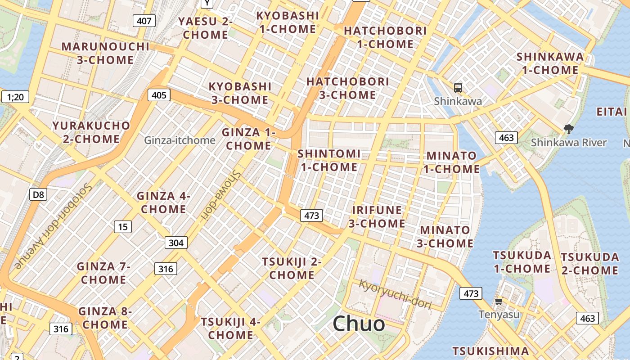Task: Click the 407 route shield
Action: (x=144, y=20)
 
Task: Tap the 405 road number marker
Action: (x=159, y=95)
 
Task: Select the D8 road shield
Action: (x=38, y=194)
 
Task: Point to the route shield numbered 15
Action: (x=123, y=227)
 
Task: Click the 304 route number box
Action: (x=175, y=243)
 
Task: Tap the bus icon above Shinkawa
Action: (x=458, y=88)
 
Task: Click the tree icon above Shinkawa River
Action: (x=569, y=129)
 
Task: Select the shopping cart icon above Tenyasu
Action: (x=499, y=301)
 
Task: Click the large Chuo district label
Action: (x=359, y=324)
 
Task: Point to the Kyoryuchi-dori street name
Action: (x=395, y=294)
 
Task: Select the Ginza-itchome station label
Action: (x=180, y=140)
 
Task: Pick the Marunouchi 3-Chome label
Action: (x=105, y=53)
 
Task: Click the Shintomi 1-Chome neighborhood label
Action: (x=329, y=160)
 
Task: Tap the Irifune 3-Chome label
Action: (x=377, y=216)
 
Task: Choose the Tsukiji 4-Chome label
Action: (x=230, y=328)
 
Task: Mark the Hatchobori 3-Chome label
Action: (x=347, y=88)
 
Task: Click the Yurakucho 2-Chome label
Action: (x=91, y=132)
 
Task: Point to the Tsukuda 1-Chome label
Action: (x=522, y=262)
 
